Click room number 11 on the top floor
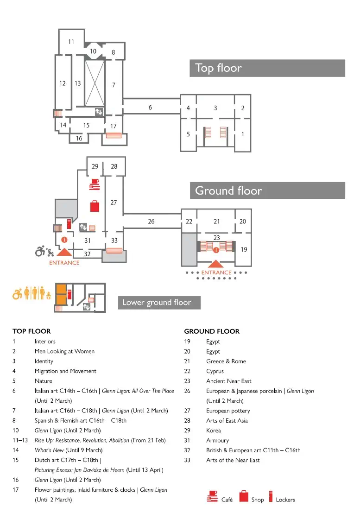point(71,42)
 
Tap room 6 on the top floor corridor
point(150,108)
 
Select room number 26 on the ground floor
point(151,222)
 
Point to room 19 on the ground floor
point(244,250)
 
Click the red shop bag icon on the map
point(95,206)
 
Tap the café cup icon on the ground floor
point(95,184)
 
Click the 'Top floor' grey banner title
point(218,68)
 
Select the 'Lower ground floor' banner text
point(157,303)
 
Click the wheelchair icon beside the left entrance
point(40,251)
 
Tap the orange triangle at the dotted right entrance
point(216,264)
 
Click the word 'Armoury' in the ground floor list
point(217,440)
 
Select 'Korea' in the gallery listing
point(214,431)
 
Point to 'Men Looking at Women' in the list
point(64,351)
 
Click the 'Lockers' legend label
point(285,500)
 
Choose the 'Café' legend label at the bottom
point(227,500)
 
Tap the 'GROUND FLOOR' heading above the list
point(212,331)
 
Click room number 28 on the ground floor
point(114,166)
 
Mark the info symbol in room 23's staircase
point(216,250)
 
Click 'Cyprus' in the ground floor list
point(215,371)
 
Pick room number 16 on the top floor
point(79,139)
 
